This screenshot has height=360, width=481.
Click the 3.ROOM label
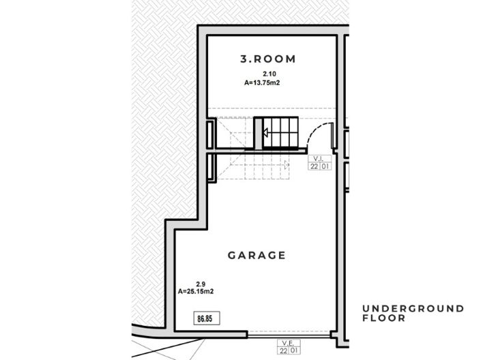pos(268,59)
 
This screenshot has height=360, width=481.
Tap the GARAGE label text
pos(257,256)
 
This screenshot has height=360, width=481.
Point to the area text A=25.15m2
pos(196,291)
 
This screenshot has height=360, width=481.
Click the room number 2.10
pos(268,73)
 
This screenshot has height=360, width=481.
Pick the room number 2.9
pos(201,284)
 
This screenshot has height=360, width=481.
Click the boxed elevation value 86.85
pos(204,318)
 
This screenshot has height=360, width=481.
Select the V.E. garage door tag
pos(286,343)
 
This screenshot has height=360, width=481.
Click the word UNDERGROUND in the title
pos(413,309)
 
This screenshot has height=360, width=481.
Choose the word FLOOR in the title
pos(383,318)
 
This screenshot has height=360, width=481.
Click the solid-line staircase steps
pos(281,132)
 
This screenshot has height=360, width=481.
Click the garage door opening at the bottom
pos(288,335)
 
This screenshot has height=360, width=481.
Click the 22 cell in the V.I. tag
pos(315,166)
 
